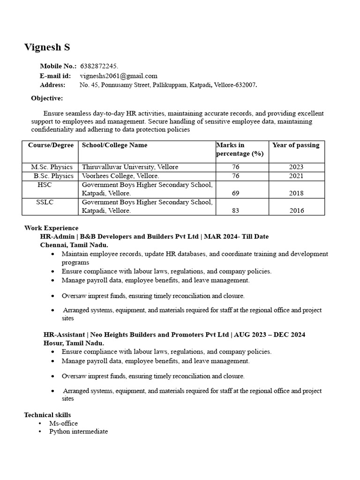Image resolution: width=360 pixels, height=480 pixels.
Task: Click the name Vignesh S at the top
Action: tap(47, 47)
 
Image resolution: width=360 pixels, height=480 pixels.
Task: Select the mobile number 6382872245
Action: tap(99, 67)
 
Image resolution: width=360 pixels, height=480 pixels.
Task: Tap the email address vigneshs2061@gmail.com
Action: tap(119, 76)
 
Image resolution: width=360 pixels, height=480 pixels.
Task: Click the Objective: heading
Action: tap(47, 98)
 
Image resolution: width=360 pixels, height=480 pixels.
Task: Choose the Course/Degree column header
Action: tap(51, 145)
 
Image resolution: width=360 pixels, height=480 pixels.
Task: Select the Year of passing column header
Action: tap(296, 145)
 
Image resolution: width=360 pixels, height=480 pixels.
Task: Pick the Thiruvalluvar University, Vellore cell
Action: tap(130, 167)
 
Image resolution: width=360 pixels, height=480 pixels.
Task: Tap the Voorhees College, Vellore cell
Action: tap(120, 176)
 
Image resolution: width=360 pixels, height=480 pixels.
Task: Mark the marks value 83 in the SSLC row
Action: tap(235, 211)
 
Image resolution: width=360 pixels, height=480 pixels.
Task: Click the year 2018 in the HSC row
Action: tap(296, 193)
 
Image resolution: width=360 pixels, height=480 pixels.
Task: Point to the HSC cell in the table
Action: tap(45, 185)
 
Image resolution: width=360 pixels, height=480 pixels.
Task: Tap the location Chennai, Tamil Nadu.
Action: tap(74, 245)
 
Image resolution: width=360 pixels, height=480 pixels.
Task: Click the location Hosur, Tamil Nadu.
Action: tap(73, 343)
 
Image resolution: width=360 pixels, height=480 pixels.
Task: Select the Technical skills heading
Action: tap(48, 415)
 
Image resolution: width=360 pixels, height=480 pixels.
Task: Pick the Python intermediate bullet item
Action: tap(78, 431)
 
